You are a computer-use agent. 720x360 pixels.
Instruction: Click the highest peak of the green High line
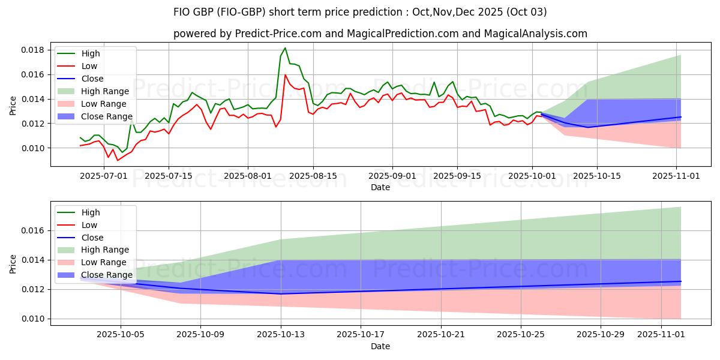click(x=285, y=48)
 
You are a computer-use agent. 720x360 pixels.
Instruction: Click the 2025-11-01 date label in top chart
click(x=677, y=176)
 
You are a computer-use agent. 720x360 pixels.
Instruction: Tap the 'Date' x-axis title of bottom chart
click(x=380, y=346)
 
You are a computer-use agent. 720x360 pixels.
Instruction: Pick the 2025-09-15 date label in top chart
click(x=457, y=176)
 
